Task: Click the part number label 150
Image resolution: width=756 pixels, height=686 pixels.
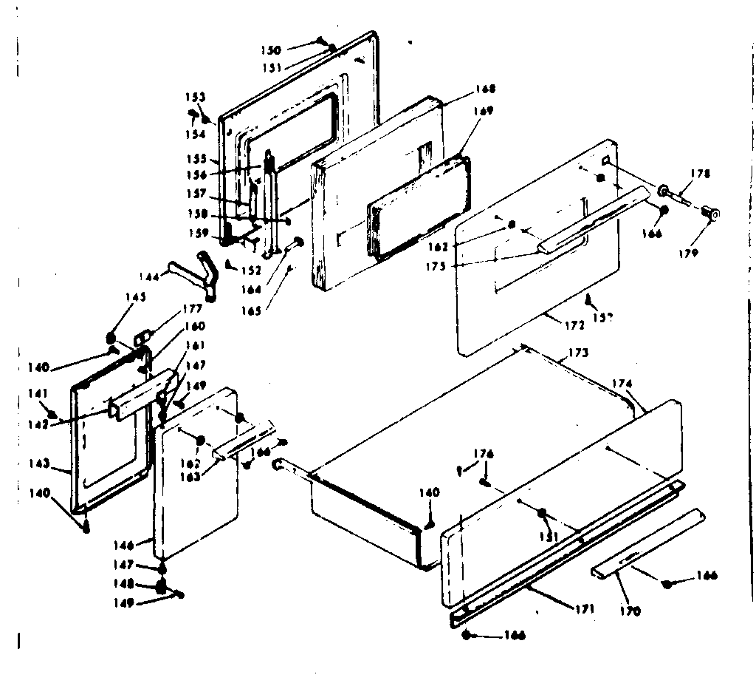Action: coord(271,50)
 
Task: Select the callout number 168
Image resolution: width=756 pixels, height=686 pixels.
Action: coord(485,89)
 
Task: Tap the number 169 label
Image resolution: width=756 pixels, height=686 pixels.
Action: coord(484,112)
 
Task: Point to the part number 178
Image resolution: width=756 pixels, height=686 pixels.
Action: coord(700,174)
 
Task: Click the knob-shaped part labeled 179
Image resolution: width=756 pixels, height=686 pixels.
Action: coord(712,214)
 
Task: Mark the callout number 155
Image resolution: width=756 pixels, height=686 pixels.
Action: coord(197,158)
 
